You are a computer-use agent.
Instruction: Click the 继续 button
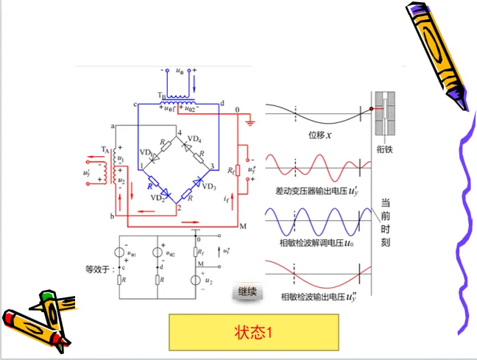247,292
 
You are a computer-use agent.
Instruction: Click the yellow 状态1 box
253,332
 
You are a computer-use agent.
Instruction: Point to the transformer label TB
161,95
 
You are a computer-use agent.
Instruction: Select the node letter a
113,127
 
